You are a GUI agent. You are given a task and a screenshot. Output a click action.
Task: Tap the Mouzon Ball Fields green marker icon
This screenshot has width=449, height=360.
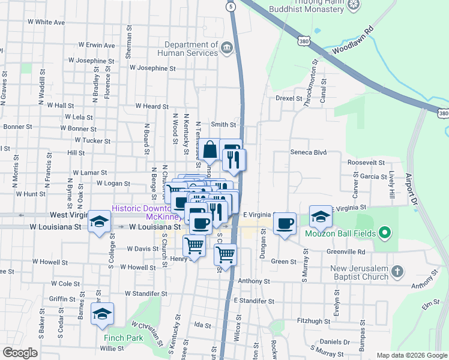point(386,233)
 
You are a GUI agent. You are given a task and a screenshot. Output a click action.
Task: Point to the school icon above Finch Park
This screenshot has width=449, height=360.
point(102,314)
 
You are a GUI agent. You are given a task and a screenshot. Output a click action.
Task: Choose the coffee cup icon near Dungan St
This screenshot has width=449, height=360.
point(285,224)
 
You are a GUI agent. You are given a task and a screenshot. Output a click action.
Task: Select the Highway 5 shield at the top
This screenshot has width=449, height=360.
point(231,7)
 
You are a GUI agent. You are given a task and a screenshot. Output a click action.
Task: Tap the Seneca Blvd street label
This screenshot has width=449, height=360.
point(309,152)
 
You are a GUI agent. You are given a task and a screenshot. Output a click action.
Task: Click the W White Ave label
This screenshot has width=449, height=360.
point(46,22)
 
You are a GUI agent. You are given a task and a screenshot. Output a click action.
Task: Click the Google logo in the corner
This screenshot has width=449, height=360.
point(20,352)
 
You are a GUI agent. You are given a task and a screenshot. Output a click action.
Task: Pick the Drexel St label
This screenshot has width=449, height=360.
point(288,98)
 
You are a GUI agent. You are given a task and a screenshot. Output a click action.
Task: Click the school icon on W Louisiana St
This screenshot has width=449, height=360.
point(99,221)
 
